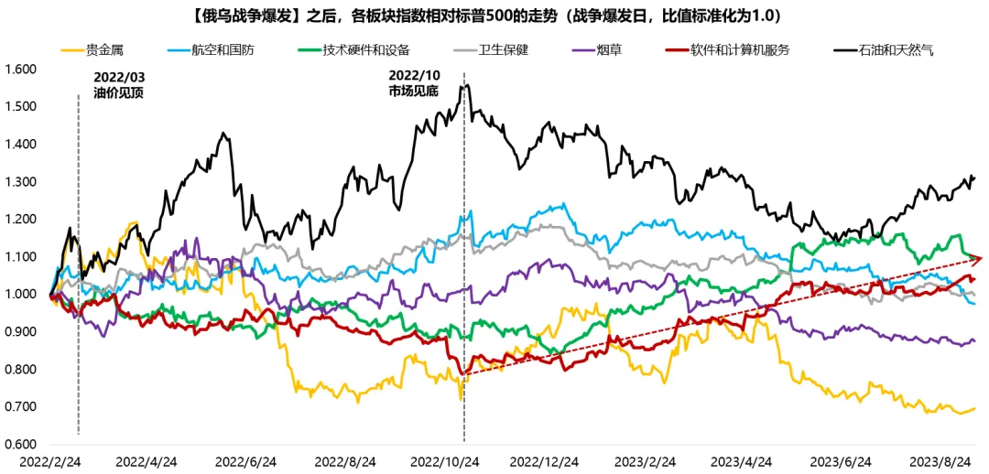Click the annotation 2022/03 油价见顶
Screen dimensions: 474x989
(119, 85)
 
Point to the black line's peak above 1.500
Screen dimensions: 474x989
(467, 85)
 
